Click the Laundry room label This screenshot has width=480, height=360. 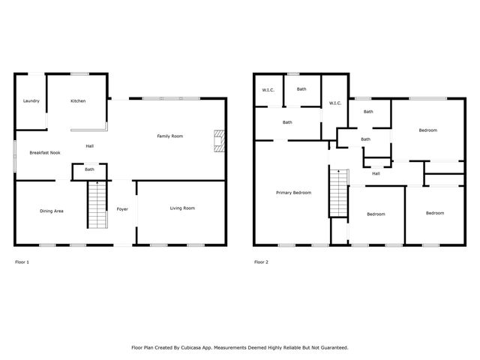pos(31,100)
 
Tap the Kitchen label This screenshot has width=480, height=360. pos(78,100)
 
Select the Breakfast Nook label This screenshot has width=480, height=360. pos(45,152)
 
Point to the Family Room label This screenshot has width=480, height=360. pos(169,136)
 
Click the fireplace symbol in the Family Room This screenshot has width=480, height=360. pos(218,141)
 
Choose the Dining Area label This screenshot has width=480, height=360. pos(51,211)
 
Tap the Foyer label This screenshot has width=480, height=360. pos(121,209)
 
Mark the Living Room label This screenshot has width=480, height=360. pos(182,208)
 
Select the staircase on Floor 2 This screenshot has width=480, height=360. pos(339,193)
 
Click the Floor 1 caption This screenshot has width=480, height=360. pos(22,262)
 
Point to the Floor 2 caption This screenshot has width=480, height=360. pos(261,262)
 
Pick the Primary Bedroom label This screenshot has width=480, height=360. pos(293,193)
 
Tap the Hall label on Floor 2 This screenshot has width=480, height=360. pos(376,173)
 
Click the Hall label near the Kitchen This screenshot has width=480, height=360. pos(89,145)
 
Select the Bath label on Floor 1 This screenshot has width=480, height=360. pos(89,169)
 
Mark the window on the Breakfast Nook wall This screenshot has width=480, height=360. pos(14,155)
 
